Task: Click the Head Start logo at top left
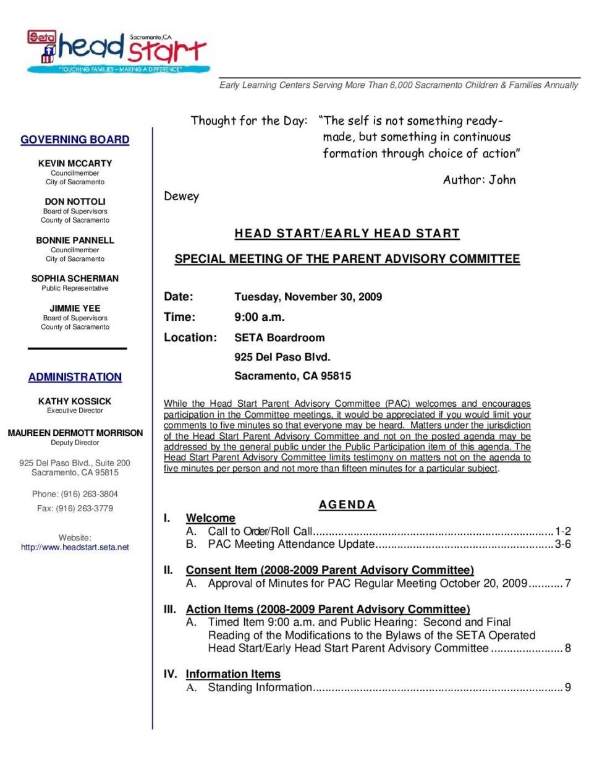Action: (x=117, y=51)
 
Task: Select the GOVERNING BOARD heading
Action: (x=75, y=140)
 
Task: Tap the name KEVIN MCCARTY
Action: (x=75, y=163)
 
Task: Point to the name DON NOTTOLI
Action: (x=75, y=202)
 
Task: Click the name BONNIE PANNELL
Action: (x=75, y=240)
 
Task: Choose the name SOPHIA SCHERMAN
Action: (x=75, y=278)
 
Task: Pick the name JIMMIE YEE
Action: (x=75, y=308)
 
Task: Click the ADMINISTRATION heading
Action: (x=75, y=377)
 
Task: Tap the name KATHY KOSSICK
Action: (x=75, y=401)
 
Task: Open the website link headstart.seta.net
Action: (x=75, y=547)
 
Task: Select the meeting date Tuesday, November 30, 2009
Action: (x=308, y=297)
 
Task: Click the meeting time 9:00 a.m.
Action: (x=259, y=317)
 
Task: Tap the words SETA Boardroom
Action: (x=279, y=338)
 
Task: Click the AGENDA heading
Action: (x=347, y=505)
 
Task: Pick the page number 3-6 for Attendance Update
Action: (x=562, y=544)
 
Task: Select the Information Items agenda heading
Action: (x=233, y=674)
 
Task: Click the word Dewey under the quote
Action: (x=181, y=197)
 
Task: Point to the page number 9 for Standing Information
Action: (x=567, y=687)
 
